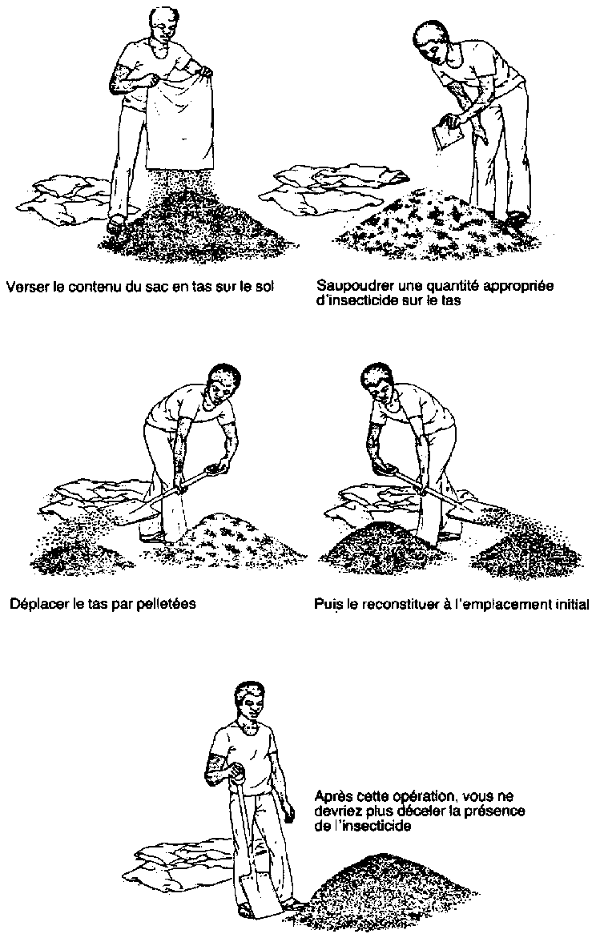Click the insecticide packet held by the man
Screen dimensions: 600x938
(443, 135)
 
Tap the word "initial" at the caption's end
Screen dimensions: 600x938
(570, 604)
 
